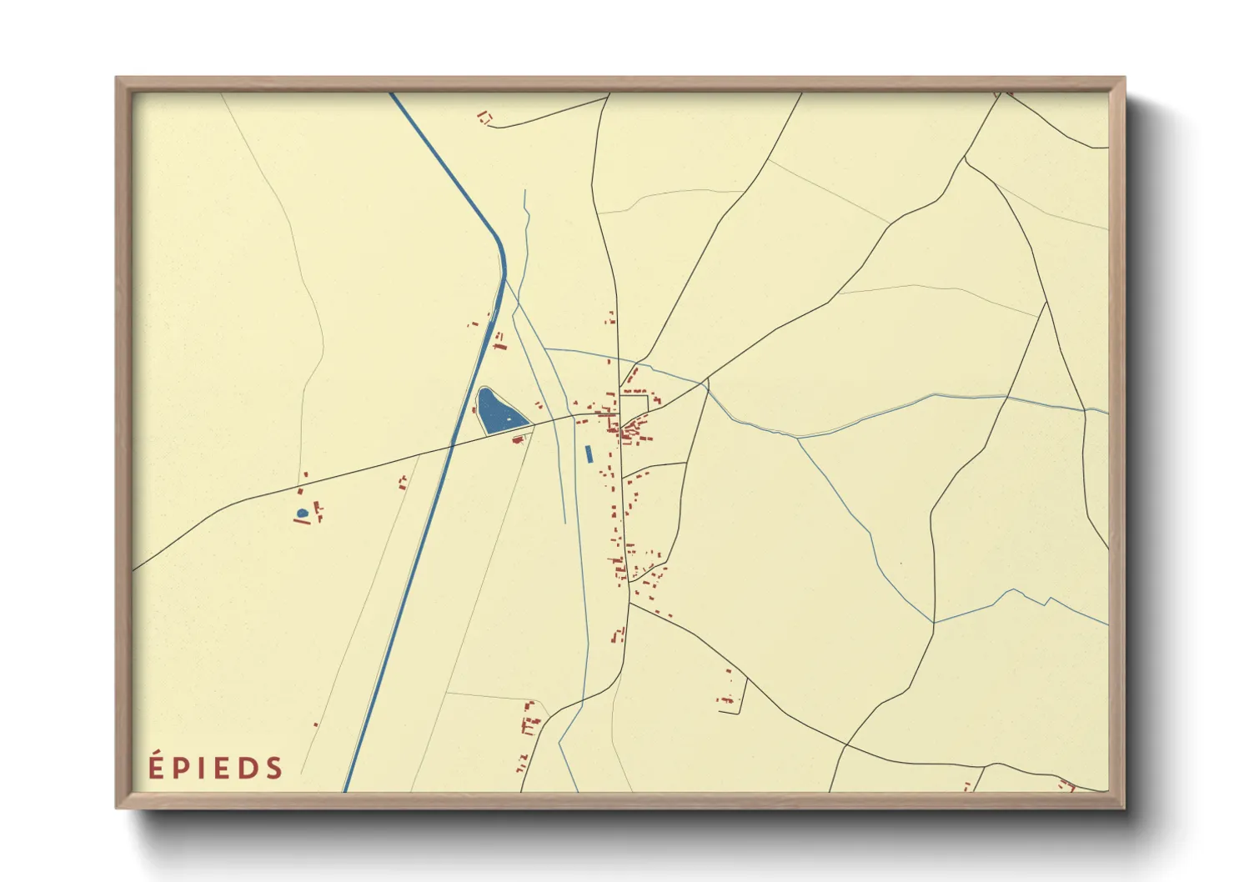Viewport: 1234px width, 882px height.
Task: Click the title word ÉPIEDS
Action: [216, 767]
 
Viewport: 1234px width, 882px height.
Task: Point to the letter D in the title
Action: [245, 768]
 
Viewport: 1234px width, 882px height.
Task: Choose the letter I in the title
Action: [200, 768]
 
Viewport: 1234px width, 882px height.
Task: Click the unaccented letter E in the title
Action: [219, 768]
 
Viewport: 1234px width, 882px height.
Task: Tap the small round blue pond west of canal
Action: [302, 514]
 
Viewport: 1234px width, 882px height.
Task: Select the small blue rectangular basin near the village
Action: [589, 454]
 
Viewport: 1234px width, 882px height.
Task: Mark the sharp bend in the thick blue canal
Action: [502, 250]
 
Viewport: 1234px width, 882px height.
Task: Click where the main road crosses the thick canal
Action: [452, 447]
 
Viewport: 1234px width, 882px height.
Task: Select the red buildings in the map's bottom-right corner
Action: [1066, 784]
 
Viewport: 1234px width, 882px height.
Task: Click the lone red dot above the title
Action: [316, 724]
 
